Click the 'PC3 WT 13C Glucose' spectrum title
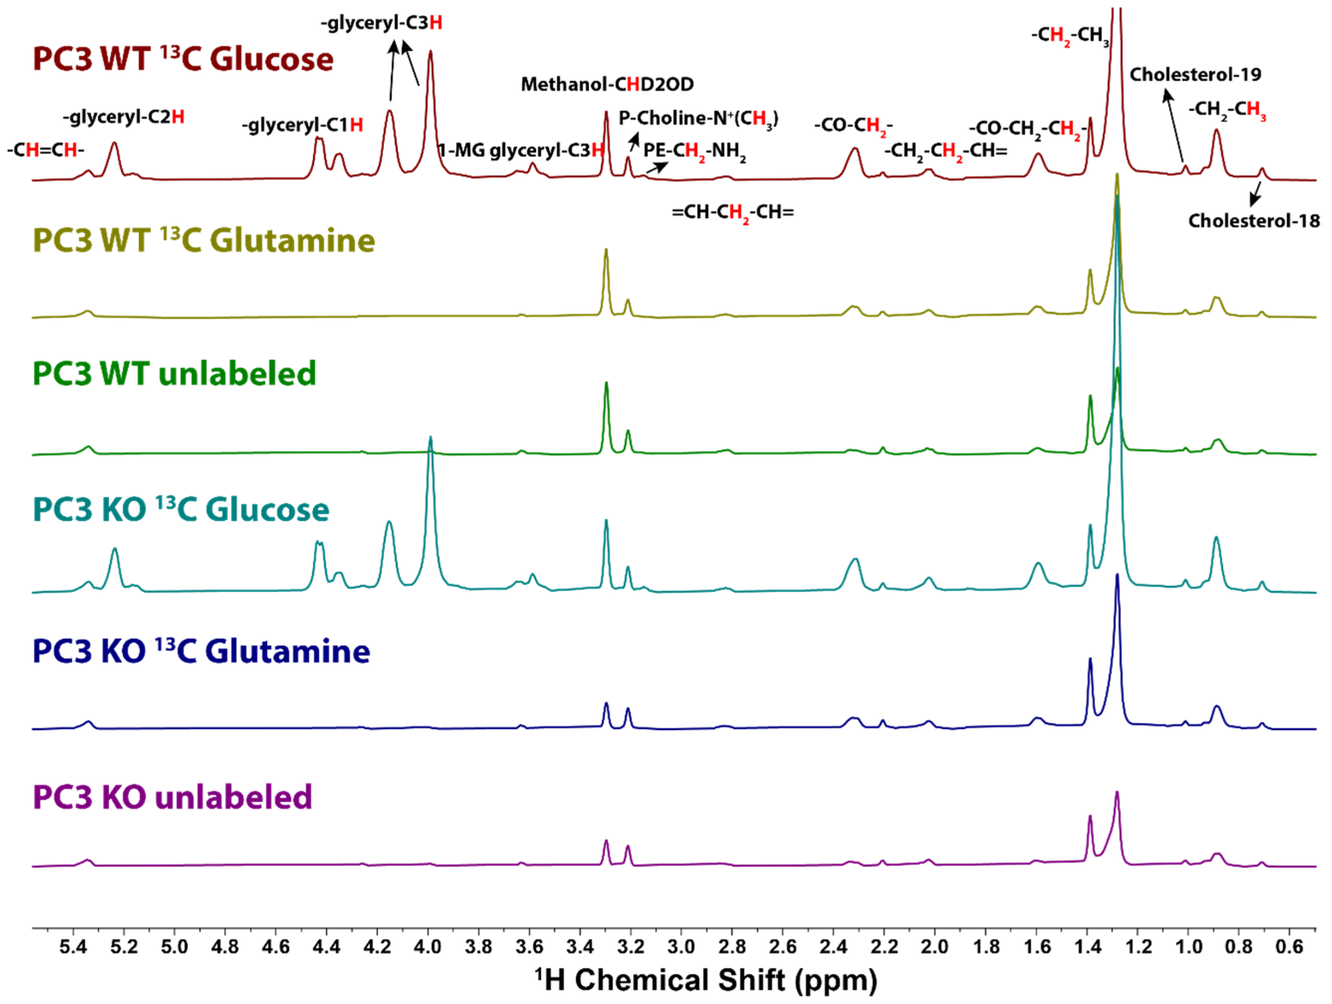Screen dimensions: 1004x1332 coord(183,59)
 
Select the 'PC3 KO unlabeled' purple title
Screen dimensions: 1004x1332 coord(172,797)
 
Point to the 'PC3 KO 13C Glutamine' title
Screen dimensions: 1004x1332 coord(201,651)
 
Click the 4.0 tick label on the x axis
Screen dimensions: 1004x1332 coord(428,947)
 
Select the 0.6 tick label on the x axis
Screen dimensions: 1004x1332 coord(1289,947)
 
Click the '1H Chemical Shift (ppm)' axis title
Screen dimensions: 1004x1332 coord(706,980)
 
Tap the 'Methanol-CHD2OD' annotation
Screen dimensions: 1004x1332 coord(607,84)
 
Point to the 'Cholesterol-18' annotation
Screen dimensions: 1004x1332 coord(1254,221)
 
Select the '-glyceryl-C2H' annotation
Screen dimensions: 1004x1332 coord(123,117)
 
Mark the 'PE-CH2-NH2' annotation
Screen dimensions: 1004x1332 coord(694,151)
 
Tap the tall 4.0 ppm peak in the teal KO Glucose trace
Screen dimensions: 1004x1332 coord(430,439)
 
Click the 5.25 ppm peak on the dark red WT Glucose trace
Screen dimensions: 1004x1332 coord(114,145)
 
